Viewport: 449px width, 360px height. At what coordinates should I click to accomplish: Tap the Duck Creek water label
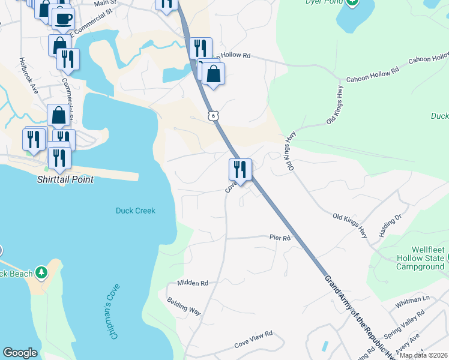(x=135, y=211)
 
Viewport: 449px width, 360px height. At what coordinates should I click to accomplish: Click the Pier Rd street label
(x=279, y=238)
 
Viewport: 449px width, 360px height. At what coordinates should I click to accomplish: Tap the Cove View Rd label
(x=253, y=334)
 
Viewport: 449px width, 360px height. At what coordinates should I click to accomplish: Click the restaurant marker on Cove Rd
(x=240, y=169)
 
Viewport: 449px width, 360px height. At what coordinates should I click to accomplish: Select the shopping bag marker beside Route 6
(x=214, y=74)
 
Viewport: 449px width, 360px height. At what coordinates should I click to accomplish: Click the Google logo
(x=20, y=353)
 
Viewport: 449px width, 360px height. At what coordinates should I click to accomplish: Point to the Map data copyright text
(x=424, y=355)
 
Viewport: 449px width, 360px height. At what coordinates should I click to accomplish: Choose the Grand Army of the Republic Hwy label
(x=354, y=316)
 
